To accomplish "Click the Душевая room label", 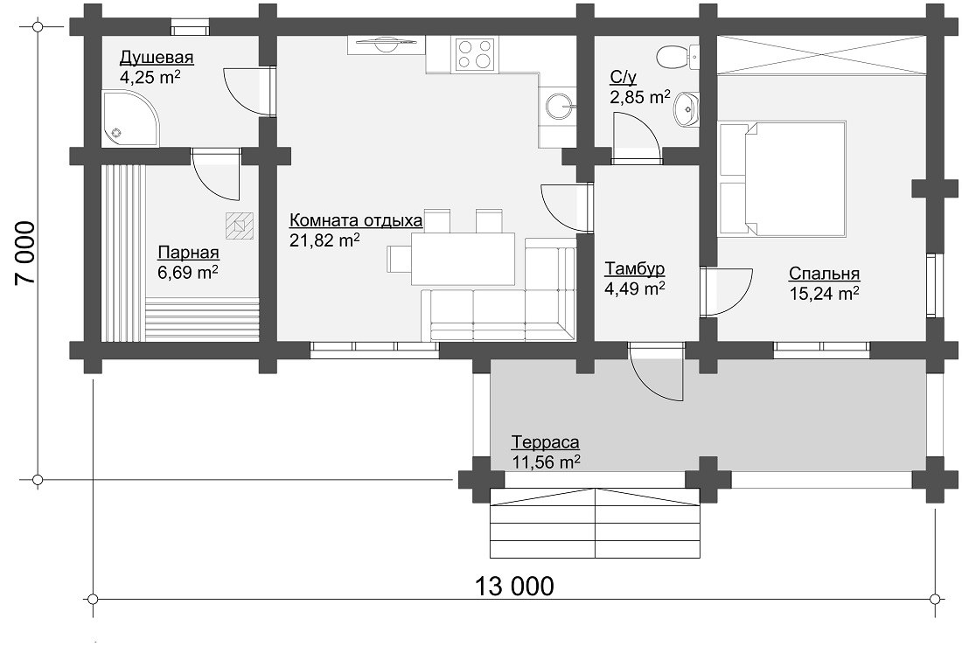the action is (x=157, y=58).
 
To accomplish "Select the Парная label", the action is (x=188, y=252).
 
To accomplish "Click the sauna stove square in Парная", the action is (x=240, y=226).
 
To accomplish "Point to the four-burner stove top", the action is (x=474, y=53).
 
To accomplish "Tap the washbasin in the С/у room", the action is (x=687, y=110).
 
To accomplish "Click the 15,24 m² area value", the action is (x=824, y=293).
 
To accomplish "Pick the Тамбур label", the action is (x=635, y=269).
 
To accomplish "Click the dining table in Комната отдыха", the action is (x=464, y=259).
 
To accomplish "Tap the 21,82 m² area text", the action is (x=324, y=240).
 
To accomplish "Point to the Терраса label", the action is (x=546, y=442).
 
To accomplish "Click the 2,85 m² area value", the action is (x=640, y=96).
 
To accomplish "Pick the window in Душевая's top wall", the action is (x=190, y=28).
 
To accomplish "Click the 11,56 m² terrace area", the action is (x=547, y=462).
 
